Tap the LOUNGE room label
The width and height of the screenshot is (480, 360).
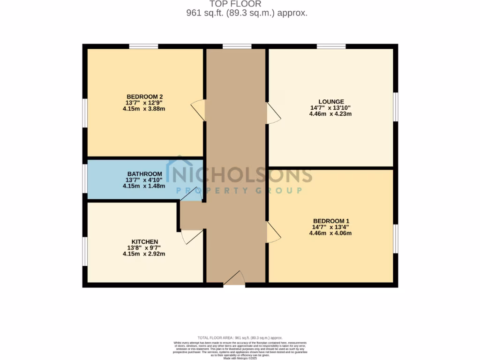(331, 102)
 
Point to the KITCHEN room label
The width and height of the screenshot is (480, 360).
(144, 242)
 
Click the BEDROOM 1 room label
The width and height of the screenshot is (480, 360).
(331, 221)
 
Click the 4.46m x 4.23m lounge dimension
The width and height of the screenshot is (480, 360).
(331, 113)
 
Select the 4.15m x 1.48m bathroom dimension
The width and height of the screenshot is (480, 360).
(144, 186)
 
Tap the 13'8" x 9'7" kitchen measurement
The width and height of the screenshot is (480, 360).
(144, 248)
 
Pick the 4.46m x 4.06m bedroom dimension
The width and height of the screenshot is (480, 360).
(331, 233)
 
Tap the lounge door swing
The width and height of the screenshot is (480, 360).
(273, 113)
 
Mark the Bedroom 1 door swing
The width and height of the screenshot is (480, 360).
(273, 232)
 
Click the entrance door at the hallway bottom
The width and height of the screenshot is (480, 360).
(235, 279)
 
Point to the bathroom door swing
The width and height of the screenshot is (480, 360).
(191, 195)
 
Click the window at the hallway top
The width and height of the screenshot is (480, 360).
(237, 46)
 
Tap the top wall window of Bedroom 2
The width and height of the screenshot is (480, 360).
(143, 46)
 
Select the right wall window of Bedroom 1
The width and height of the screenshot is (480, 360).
(396, 239)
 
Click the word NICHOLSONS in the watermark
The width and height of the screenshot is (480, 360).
(241, 174)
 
